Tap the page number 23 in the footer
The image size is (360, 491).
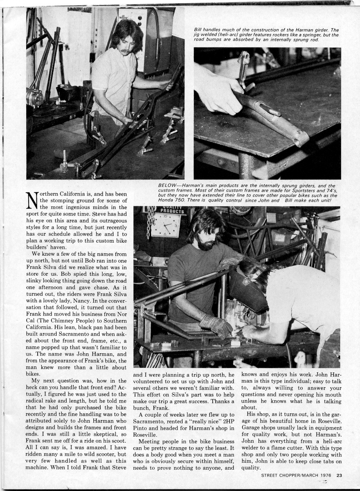pos(340,475)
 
